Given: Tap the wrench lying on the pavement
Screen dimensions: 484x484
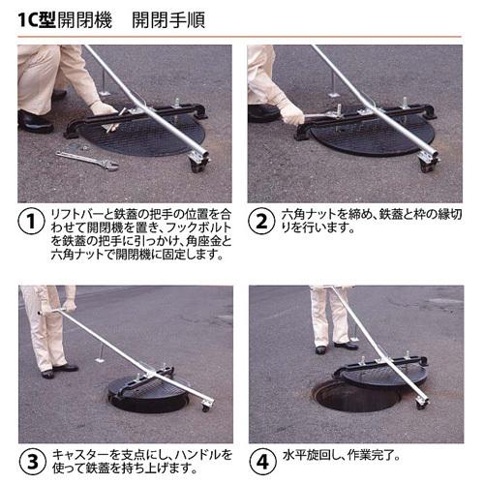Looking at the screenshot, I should (x=86, y=160).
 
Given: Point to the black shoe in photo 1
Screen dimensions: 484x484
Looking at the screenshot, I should (x=35, y=123).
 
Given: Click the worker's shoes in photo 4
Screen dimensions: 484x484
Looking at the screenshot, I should (x=334, y=347).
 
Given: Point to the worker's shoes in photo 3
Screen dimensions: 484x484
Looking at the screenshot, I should (x=56, y=370).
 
